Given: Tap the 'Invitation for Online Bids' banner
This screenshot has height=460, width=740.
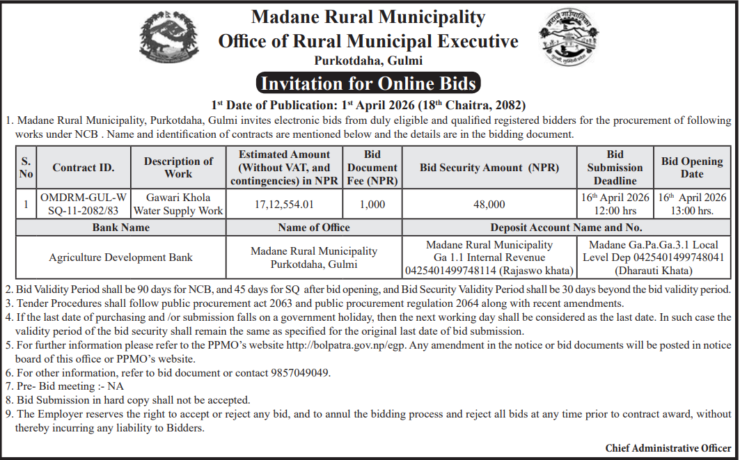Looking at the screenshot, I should coord(368,84).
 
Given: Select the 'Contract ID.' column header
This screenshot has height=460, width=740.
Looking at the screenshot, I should coord(84,168).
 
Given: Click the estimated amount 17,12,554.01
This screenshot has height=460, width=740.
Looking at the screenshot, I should coord(284,204).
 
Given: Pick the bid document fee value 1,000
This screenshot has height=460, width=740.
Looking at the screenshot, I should coord(372,204).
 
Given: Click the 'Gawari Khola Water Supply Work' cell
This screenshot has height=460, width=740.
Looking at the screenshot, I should coord(178,204).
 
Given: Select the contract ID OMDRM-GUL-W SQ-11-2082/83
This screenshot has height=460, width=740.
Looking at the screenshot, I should coord(84,204).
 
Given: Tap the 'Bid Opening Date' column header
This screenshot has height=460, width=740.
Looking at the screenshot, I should coord(692,168).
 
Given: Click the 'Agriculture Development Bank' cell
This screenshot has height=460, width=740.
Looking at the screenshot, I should coord(120,257).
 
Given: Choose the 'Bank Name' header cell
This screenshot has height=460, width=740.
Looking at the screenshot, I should coord(120,228).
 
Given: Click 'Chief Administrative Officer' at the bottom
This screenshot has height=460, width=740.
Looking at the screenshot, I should coord(668,447).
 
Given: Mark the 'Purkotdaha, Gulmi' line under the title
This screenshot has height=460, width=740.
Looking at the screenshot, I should coord(368,61).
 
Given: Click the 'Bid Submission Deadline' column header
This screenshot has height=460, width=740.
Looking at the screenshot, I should coord(615,168).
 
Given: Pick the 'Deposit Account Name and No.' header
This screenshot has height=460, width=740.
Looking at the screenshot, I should coord(566,228).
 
